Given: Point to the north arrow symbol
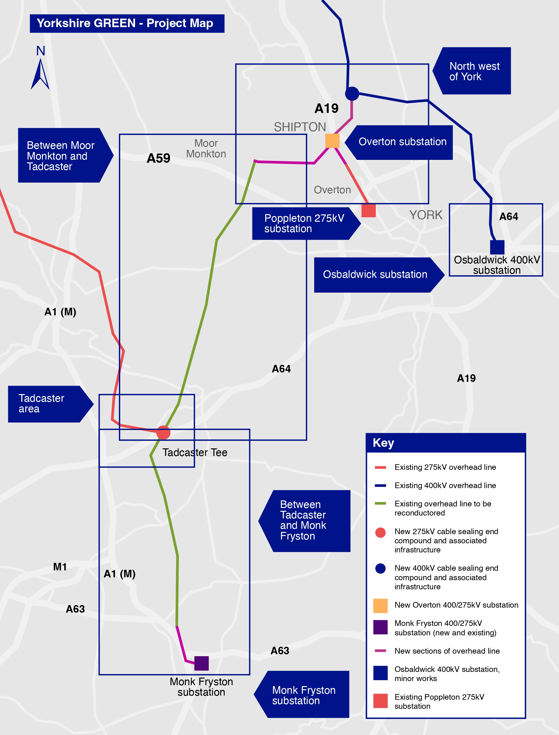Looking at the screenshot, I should (x=40, y=73).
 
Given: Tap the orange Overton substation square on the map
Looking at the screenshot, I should (x=332, y=141).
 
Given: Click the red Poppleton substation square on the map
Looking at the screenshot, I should (x=368, y=210).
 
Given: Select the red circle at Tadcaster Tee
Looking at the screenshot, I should (x=163, y=432).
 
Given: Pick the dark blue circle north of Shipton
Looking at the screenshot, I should (x=352, y=93).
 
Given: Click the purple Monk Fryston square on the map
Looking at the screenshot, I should (x=201, y=663).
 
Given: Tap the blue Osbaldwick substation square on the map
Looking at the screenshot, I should (x=497, y=247).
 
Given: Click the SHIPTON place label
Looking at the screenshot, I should (x=300, y=127).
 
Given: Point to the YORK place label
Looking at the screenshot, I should (x=426, y=215).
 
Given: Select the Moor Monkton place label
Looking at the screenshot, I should (x=206, y=149).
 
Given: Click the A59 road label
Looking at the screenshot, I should (x=158, y=158).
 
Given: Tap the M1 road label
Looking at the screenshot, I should (x=60, y=567).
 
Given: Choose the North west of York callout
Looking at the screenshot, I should (x=474, y=71).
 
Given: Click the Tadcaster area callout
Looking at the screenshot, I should (x=47, y=404).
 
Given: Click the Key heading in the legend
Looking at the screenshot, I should (x=383, y=443).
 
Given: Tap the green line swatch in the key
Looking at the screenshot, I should (x=380, y=504).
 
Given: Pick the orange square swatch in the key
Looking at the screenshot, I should (x=380, y=606).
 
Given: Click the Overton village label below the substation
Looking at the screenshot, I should (x=332, y=190).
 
